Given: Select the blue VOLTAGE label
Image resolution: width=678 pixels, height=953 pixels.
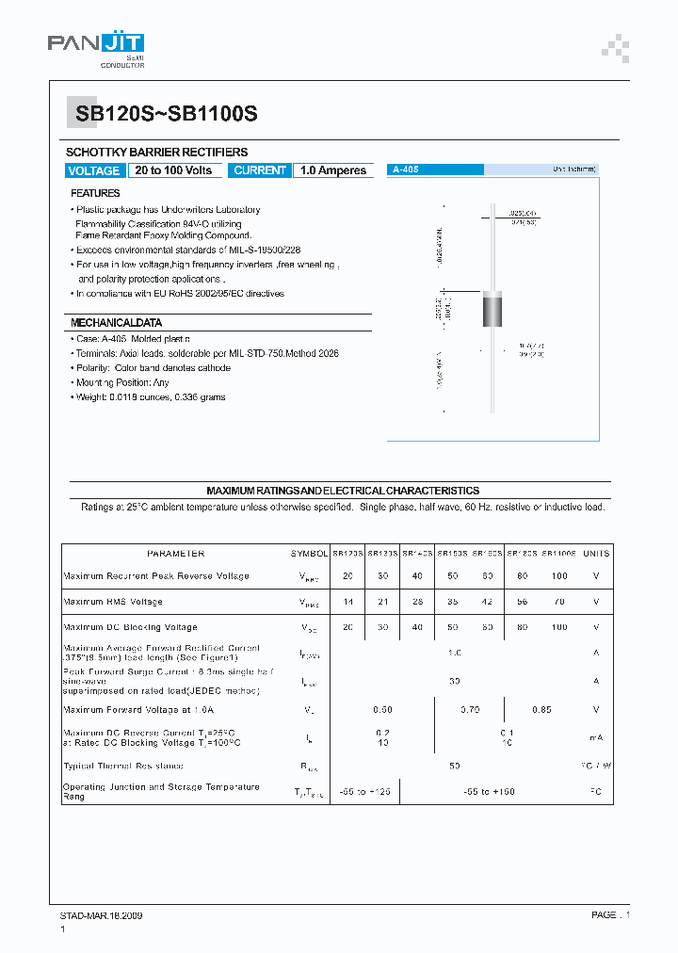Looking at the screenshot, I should coord(94,170).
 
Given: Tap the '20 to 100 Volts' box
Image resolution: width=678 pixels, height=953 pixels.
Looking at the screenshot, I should coord(173,170).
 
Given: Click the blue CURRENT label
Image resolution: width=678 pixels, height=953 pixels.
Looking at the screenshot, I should coord(260,170).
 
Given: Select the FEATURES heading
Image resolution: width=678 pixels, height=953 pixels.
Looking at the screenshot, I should coord(96,193).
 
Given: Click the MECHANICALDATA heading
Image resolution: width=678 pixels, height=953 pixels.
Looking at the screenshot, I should coord(117,323).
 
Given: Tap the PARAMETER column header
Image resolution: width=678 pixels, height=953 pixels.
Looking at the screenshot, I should coord(175,554).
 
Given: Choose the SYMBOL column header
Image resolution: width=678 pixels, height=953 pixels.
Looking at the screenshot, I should coord(309,554).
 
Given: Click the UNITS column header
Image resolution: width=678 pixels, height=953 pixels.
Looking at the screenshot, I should coord(596,554).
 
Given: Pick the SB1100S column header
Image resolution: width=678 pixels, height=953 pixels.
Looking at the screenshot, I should coord(559,554).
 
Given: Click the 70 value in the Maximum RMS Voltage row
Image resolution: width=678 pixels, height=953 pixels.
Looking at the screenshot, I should coord(559,602).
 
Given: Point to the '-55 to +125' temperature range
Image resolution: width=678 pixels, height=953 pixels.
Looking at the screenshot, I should coord(365,792).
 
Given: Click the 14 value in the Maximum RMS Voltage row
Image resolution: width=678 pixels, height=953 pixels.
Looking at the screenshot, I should coord(347,602).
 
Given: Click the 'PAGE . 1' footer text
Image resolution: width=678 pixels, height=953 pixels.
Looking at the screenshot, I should coord(610,915).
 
